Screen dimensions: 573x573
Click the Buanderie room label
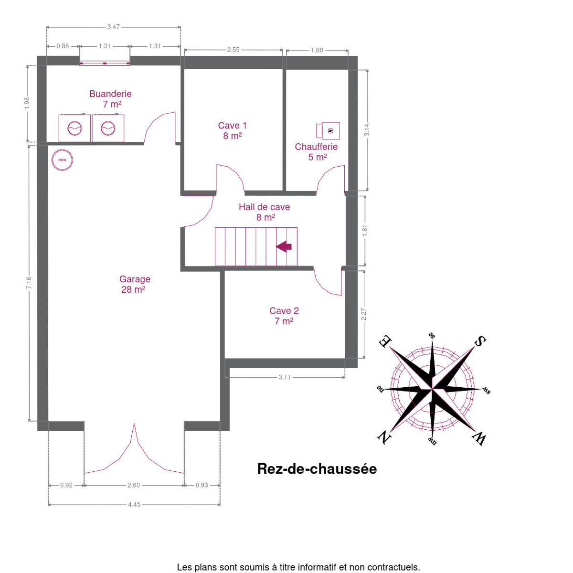pos(110,94)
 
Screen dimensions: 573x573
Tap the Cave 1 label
pos(232,126)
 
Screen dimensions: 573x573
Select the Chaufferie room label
pos(316,147)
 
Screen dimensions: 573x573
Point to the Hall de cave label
pos(264,207)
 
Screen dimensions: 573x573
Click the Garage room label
pos(135,279)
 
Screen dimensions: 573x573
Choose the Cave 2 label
pos(284,311)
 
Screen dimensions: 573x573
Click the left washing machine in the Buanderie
pos(74,128)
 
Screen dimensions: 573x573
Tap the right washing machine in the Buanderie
pos(108,128)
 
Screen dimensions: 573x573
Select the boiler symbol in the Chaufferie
pos(328,130)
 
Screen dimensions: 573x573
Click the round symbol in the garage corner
pos(62,160)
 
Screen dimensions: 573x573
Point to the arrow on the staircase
pos(284,246)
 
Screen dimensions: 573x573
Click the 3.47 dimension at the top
pos(113,27)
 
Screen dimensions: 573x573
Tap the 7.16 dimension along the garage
pos(29,283)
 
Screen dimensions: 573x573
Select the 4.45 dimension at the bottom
pos(134,505)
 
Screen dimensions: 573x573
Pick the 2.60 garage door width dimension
pos(134,485)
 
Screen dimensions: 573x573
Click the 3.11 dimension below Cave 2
pos(285,377)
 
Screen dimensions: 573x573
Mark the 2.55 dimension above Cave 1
pos(233,50)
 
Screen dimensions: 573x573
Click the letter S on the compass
pos(480,341)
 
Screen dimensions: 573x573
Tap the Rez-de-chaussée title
pos(317,469)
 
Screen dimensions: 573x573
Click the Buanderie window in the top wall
pos(105,63)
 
